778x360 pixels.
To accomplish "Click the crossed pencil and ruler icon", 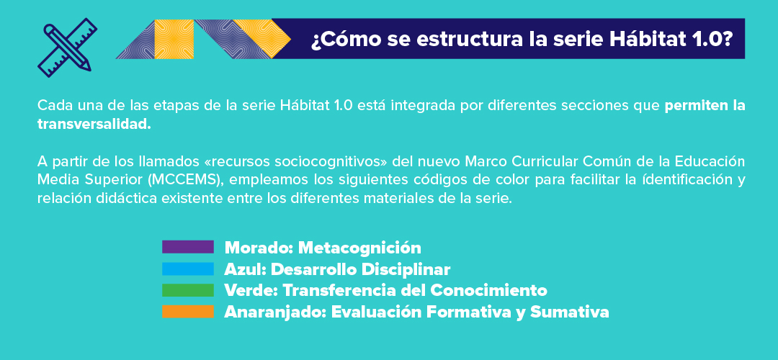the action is [x=68, y=48].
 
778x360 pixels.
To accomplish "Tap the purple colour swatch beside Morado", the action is [x=187, y=247].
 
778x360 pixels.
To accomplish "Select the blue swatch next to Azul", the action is [x=187, y=269].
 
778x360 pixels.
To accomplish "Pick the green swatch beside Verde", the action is [x=187, y=290].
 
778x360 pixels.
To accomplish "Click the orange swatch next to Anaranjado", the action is [x=187, y=312].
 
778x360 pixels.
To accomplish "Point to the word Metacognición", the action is [x=359, y=248].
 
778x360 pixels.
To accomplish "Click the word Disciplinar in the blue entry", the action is [x=406, y=269].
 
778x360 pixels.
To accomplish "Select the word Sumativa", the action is [x=570, y=312].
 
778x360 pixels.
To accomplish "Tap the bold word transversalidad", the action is [x=94, y=124].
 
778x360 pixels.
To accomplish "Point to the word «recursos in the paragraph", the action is [x=234, y=162].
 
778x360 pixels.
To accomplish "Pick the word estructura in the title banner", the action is [x=466, y=39].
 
